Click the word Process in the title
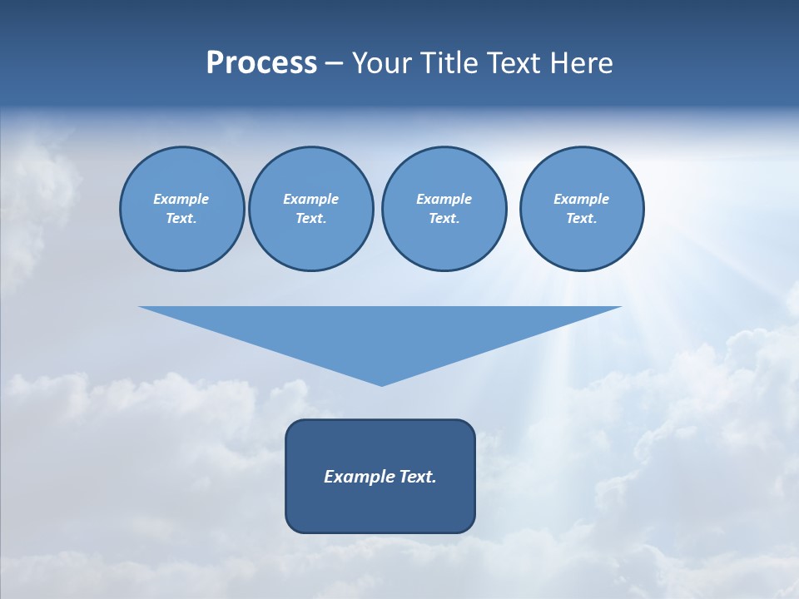261,63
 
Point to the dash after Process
335,64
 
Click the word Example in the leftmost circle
181,199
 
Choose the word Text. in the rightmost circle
582,218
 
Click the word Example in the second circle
311,199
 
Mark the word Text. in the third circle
444,218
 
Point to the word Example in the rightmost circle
582,199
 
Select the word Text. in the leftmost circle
181,218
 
